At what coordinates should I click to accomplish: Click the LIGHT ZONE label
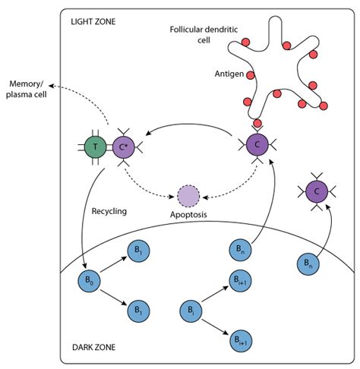tap(93, 21)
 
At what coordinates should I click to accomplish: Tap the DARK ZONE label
tap(93, 347)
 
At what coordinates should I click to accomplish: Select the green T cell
tap(95, 147)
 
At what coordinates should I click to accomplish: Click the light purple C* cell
tap(123, 147)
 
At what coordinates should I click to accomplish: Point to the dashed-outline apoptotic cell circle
tap(188, 196)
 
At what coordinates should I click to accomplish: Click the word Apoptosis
tap(188, 215)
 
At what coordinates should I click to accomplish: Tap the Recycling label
tap(109, 211)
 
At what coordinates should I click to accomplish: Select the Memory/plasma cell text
tap(27, 89)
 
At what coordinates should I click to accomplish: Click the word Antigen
tap(229, 74)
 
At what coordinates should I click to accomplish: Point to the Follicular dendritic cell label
tap(204, 35)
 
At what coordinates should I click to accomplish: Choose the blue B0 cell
tap(89, 281)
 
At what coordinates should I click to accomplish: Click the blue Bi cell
tap(191, 311)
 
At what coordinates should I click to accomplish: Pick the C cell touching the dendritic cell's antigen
tap(257, 145)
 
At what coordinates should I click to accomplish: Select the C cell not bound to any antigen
tap(317, 191)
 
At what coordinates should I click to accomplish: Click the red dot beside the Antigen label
tap(251, 75)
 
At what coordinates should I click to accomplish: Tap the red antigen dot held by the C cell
tap(257, 123)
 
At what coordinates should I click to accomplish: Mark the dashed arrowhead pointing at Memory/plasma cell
tap(51, 86)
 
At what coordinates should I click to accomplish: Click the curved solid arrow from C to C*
tap(188, 125)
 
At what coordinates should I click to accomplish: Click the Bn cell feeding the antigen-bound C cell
tap(240, 250)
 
